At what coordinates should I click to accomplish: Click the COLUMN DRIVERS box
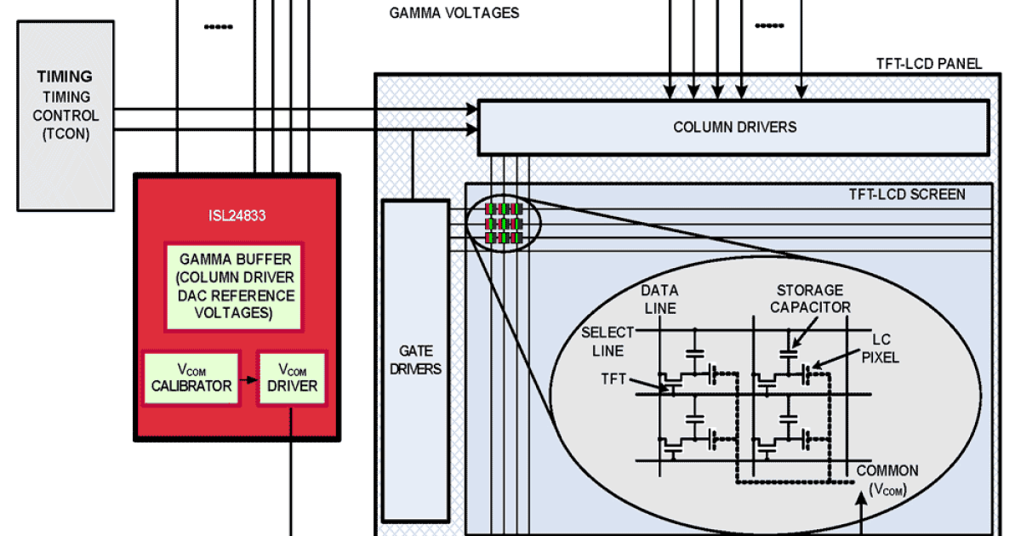[x=733, y=128]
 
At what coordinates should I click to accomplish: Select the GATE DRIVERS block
[x=415, y=359]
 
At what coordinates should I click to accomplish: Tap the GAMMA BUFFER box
[x=232, y=287]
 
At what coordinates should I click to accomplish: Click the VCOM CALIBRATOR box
[x=191, y=378]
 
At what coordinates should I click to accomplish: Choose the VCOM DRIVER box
[x=294, y=378]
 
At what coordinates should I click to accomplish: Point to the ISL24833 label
[x=237, y=216]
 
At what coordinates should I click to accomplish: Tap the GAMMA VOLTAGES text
[x=454, y=14]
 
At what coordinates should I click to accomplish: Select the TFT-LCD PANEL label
[x=929, y=64]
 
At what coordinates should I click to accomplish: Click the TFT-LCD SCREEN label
[x=907, y=195]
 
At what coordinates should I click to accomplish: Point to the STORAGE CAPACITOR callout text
[x=809, y=299]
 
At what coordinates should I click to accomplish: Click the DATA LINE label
[x=659, y=299]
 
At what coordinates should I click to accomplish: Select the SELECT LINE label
[x=607, y=340]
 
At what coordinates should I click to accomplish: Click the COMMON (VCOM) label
[x=887, y=479]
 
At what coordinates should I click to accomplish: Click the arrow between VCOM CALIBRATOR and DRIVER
[x=249, y=378]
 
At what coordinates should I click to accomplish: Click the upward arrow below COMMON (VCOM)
[x=864, y=515]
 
